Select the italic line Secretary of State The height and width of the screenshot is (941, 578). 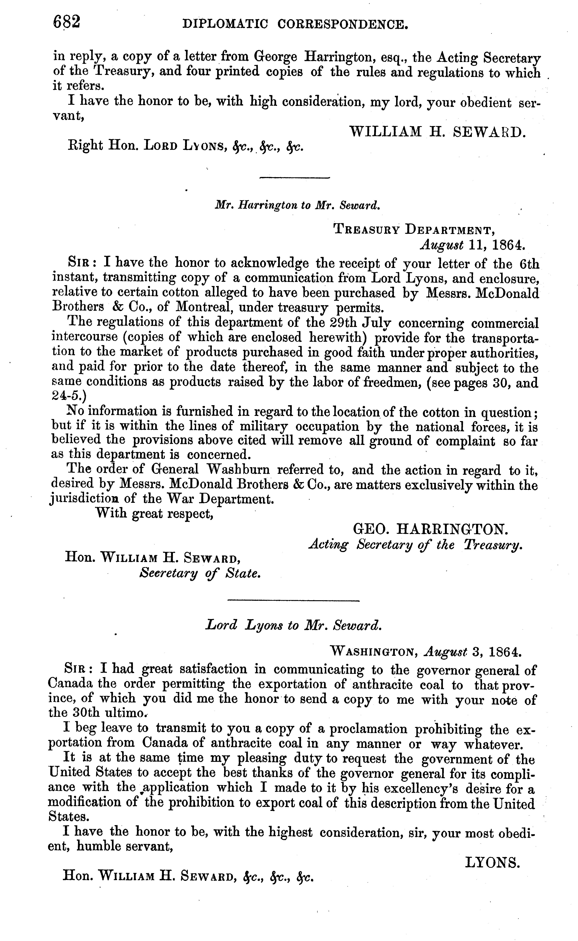[x=200, y=574]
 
